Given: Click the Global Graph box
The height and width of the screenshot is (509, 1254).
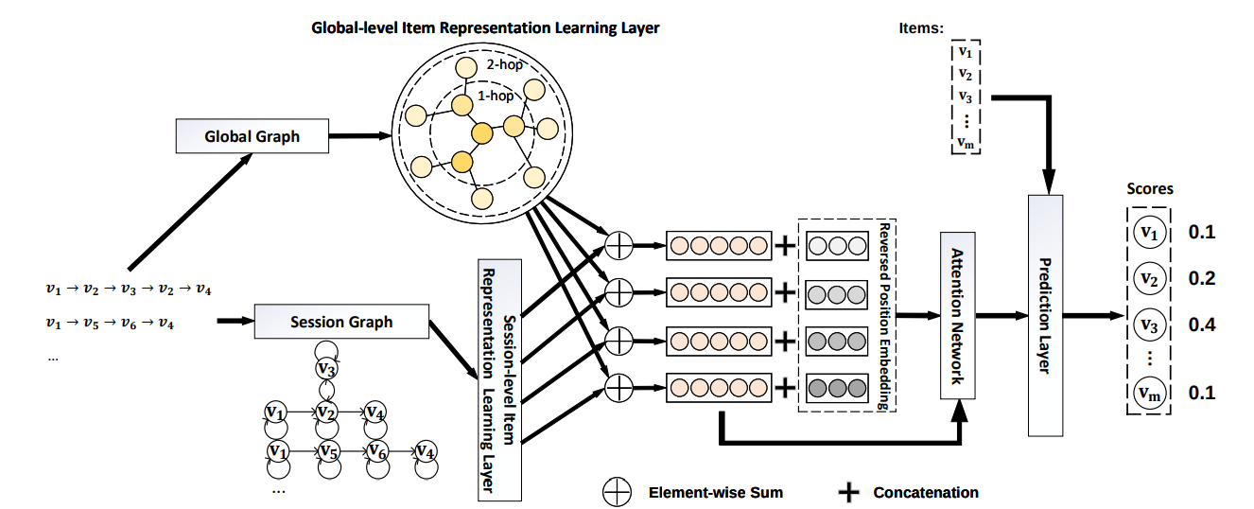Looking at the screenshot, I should pos(252,136).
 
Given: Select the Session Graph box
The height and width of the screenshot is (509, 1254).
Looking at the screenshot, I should pos(341,322).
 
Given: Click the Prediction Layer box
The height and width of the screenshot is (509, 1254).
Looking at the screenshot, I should pos(1045,314).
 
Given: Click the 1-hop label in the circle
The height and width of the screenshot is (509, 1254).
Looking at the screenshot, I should pos(498,96).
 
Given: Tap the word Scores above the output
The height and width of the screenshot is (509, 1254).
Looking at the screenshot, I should pos(1149,188).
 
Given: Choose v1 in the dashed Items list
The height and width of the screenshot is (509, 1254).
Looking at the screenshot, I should pos(965,53).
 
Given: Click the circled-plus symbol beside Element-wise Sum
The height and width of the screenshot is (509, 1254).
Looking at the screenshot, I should pos(617,492).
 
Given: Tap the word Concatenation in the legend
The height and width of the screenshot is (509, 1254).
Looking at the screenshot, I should pos(925,492).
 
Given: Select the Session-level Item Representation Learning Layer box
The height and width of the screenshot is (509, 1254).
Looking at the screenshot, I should pos(500,378).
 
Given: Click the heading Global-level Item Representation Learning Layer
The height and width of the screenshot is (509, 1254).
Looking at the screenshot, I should pos(485,28).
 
